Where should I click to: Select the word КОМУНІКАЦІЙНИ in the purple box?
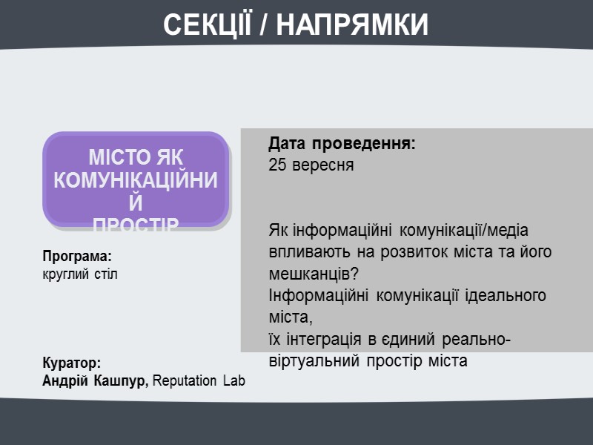pyautogui.click(x=136, y=180)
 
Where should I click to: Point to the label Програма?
pyautogui.click(x=77, y=257)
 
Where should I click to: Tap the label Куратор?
pyautogui.click(x=71, y=363)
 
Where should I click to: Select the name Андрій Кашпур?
pyautogui.click(x=95, y=380)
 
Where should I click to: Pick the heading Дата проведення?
pyautogui.click(x=342, y=144)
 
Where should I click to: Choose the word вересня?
pyautogui.click(x=322, y=165)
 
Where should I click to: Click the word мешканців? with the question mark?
pyautogui.click(x=314, y=273)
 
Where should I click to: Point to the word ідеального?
pyautogui.click(x=506, y=295)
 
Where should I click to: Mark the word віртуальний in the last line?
pyautogui.click(x=310, y=361)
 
